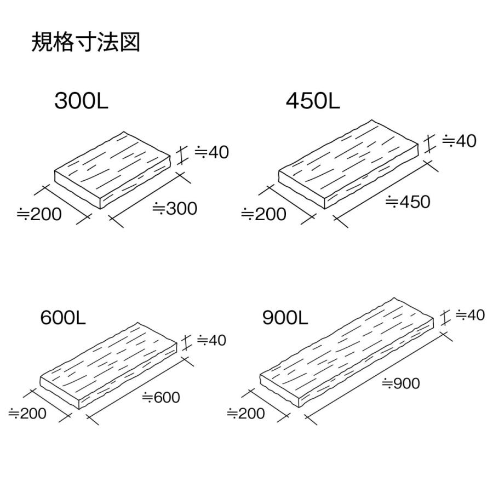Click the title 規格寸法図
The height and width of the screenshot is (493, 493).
coord(86,42)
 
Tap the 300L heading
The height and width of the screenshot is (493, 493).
coord(81,101)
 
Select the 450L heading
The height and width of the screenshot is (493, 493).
coord(313,101)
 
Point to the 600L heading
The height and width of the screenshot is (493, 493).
coord(63,317)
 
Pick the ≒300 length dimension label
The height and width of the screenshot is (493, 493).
coord(174,208)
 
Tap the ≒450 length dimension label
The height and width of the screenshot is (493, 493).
coord(408,202)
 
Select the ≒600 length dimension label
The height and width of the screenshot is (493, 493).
coord(160,397)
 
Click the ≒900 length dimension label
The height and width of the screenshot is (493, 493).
coord(400,383)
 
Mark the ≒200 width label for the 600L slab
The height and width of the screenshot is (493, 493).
coord(27,414)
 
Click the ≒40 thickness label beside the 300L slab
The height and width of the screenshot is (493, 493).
coord(211,152)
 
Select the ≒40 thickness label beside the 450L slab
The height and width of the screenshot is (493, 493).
coord(459,141)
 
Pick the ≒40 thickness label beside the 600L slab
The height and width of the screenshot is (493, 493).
coord(211,340)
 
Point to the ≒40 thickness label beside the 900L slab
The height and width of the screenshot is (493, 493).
coord(470,315)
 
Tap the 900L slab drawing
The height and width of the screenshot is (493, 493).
coord(351,353)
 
